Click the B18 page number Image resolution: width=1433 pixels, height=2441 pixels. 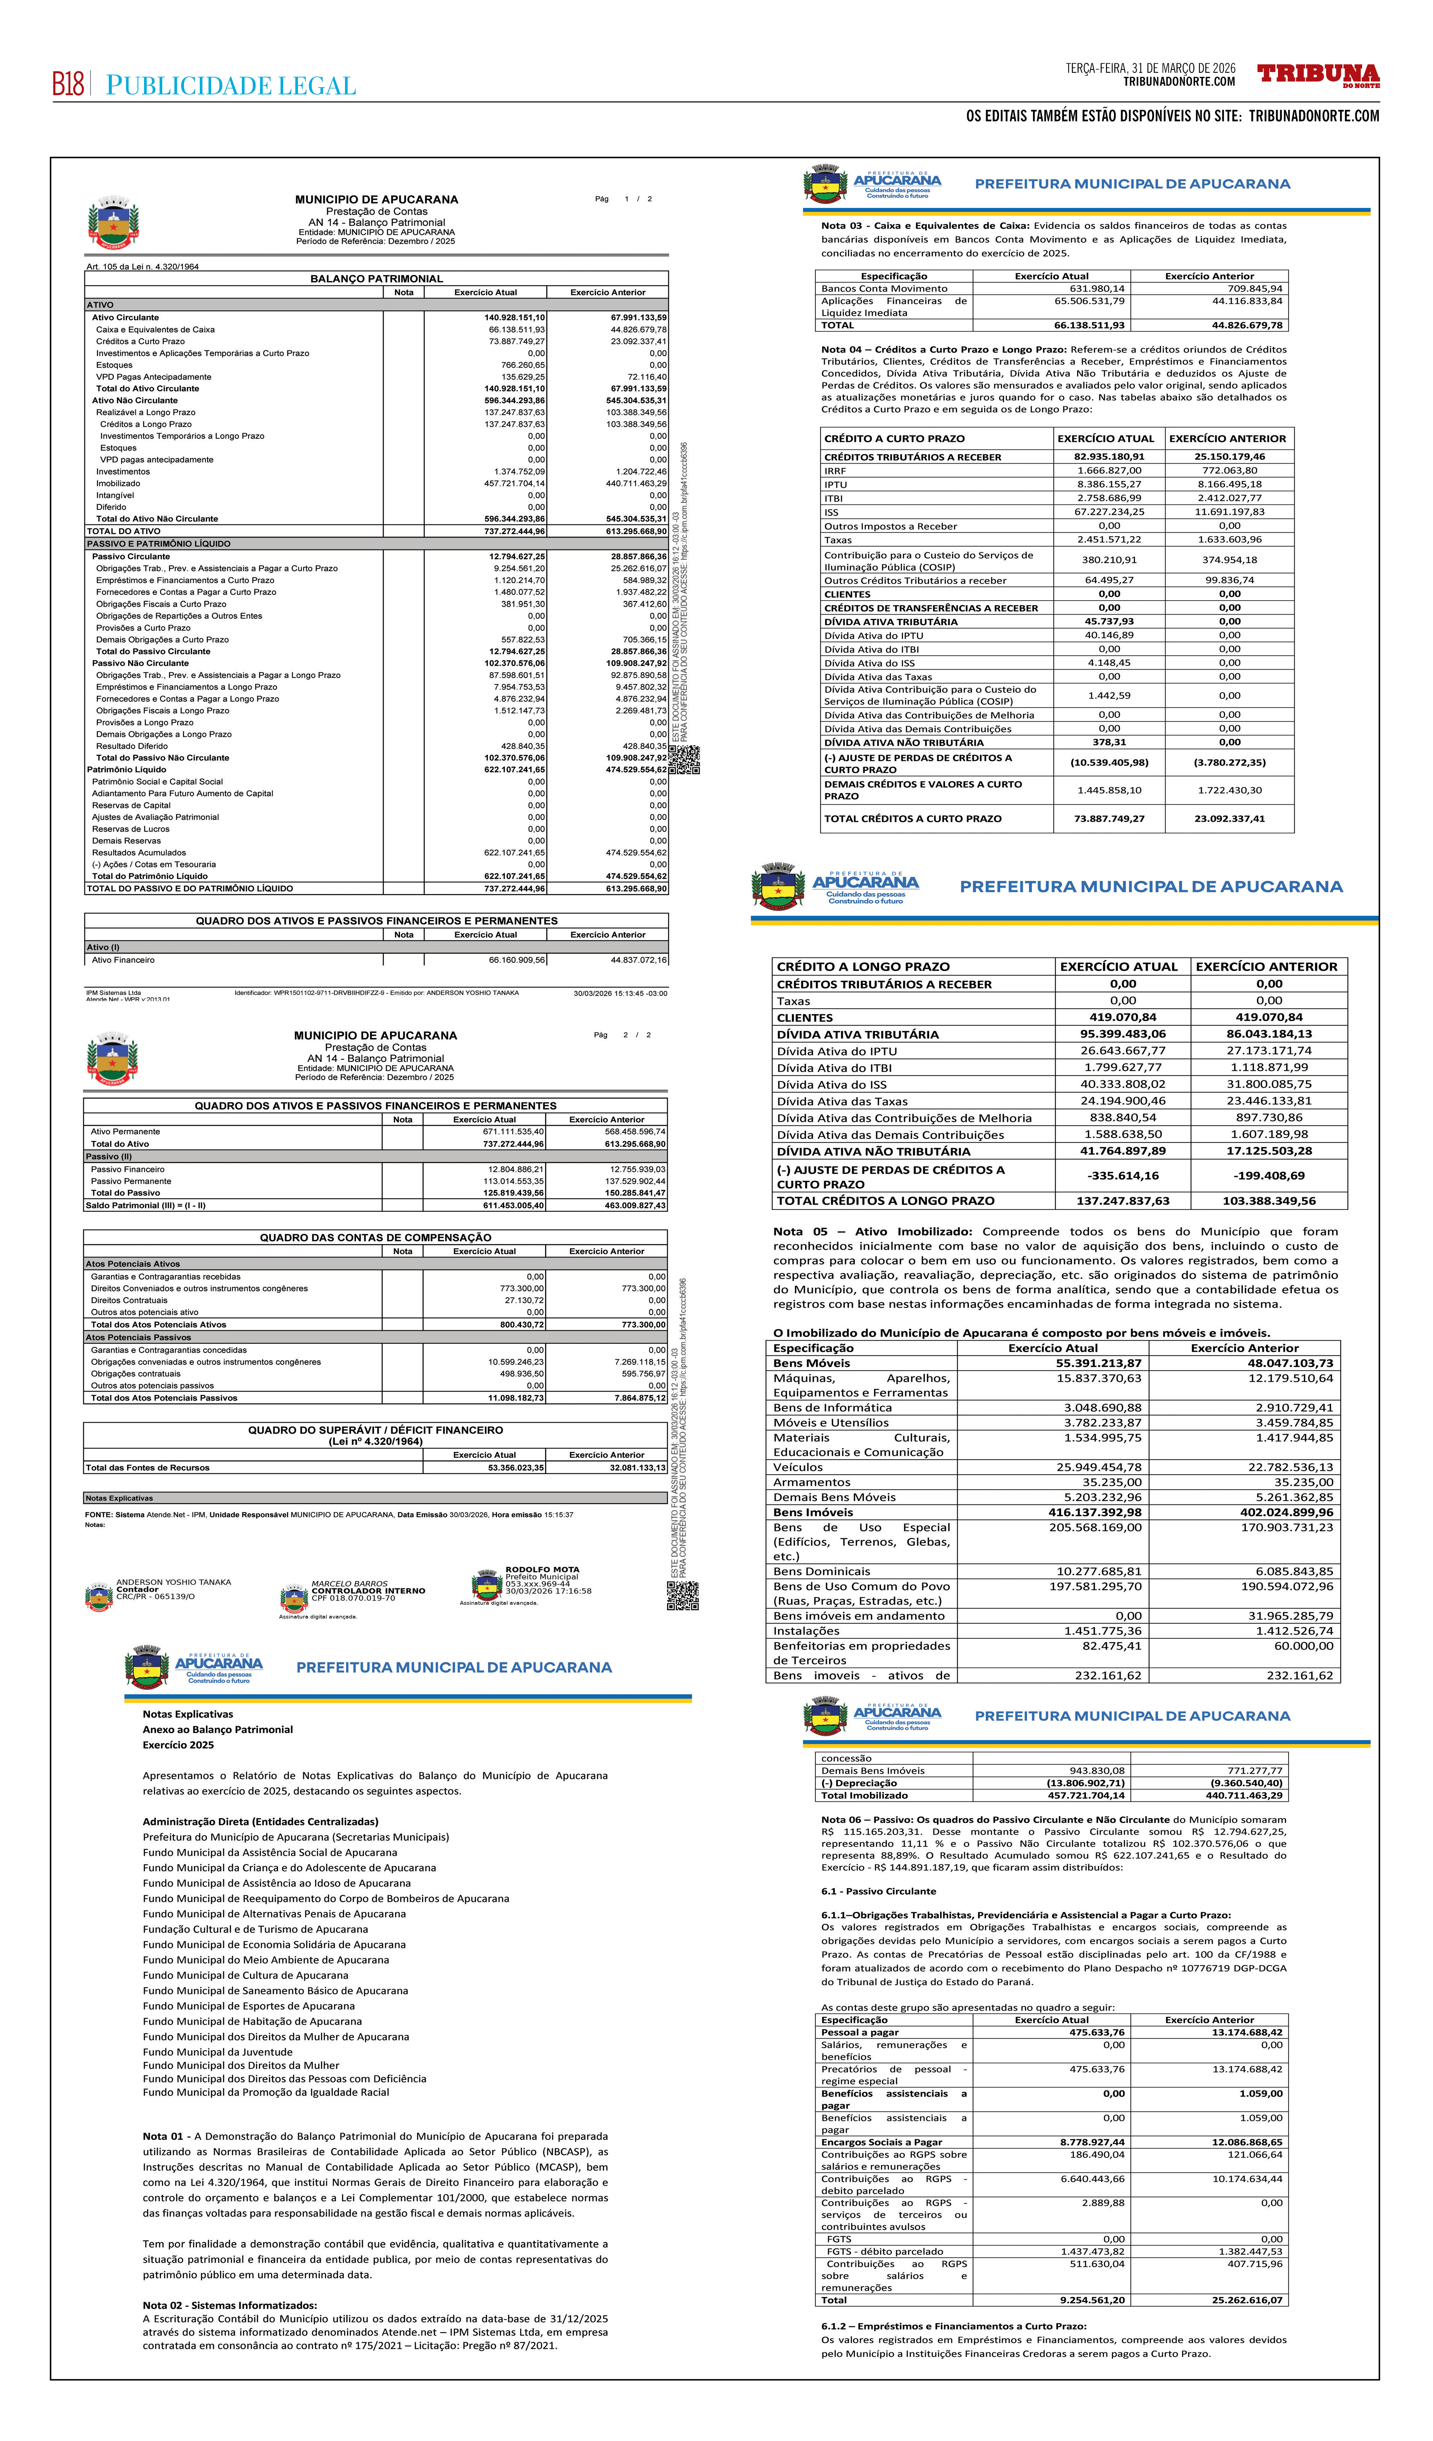[68, 85]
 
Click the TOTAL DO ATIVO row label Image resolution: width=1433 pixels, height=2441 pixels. [124, 531]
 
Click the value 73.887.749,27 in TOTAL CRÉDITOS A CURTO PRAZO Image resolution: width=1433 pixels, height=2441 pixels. [1108, 819]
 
